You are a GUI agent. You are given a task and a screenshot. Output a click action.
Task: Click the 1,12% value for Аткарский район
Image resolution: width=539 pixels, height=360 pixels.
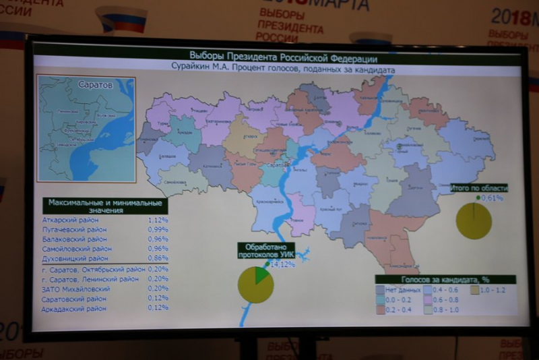click(158, 220)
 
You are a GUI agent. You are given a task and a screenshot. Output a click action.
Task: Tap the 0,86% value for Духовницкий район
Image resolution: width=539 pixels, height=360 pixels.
click(158, 258)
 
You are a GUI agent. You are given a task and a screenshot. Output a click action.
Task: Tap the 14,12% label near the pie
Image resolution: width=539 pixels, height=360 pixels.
click(282, 264)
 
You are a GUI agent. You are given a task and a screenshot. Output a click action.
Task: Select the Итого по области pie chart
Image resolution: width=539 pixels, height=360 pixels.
click(474, 220)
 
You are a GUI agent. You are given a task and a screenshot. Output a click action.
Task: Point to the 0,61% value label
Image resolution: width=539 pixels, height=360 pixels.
click(492, 198)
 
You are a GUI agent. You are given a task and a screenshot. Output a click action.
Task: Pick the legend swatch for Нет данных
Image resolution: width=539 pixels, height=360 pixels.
click(381, 289)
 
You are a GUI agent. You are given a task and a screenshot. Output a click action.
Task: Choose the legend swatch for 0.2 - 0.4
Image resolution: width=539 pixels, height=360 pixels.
click(381, 310)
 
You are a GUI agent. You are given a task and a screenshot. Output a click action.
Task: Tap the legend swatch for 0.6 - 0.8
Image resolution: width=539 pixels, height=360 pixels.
click(429, 300)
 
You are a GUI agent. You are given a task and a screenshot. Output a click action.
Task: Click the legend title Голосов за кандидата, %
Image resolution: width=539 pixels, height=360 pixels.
click(445, 278)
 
